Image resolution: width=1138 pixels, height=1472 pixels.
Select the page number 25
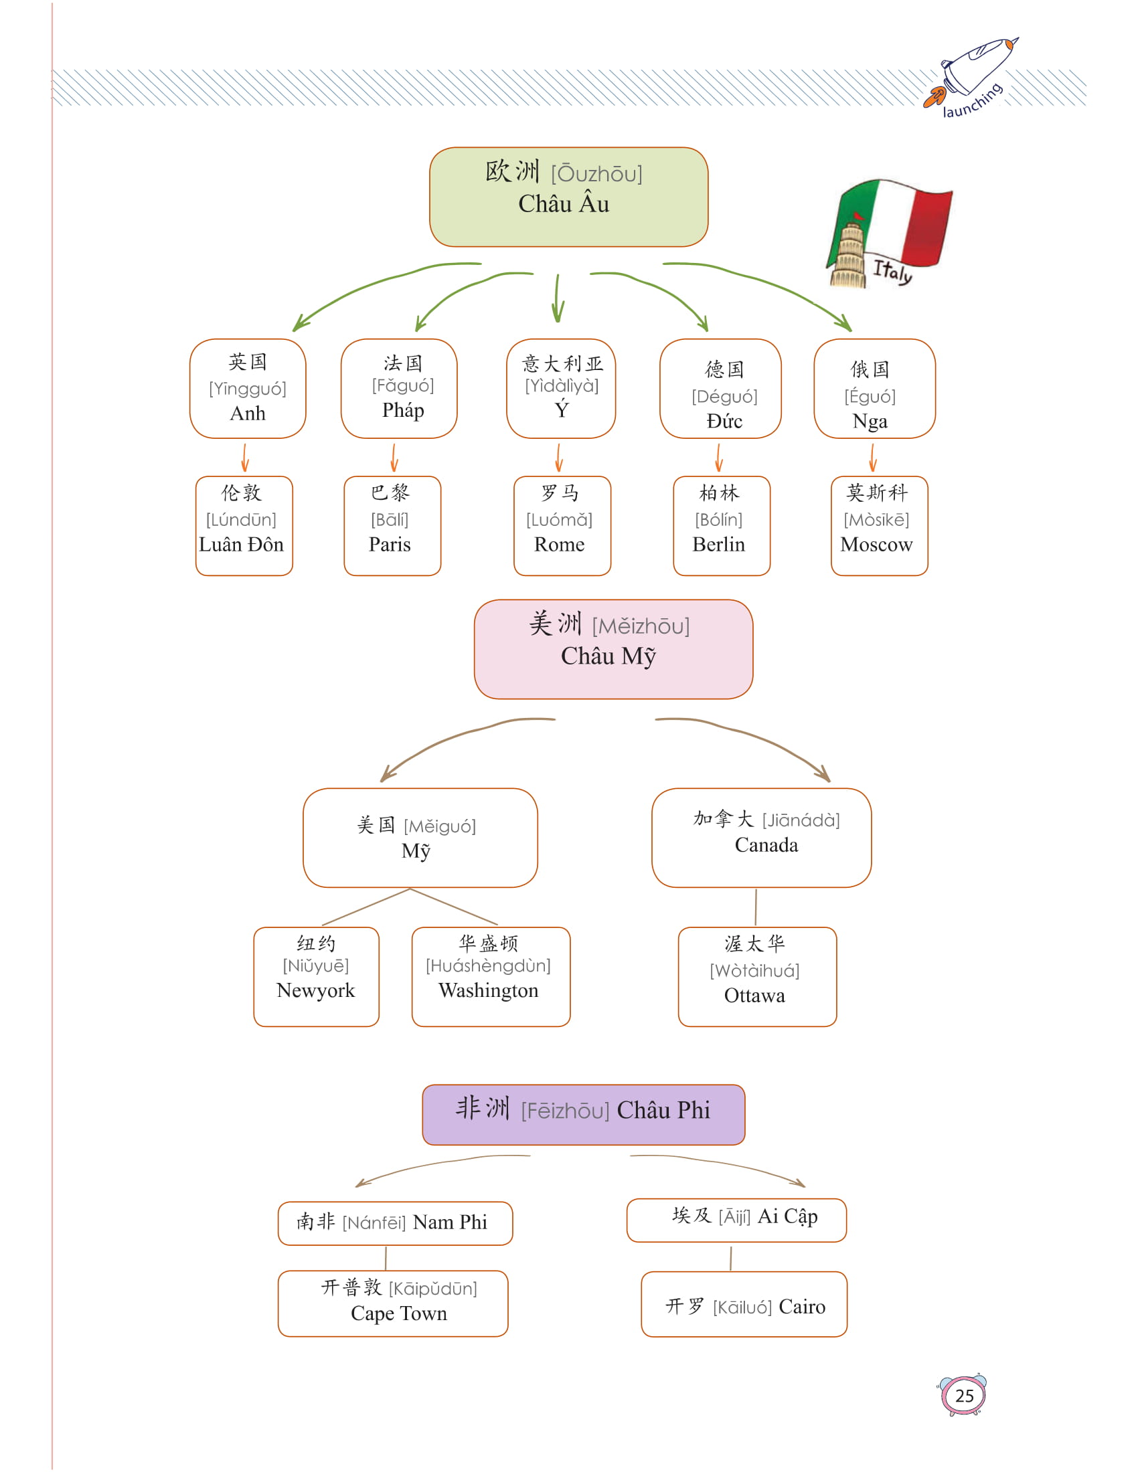point(964,1395)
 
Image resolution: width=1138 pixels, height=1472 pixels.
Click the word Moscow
point(876,545)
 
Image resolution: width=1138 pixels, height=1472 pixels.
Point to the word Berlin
point(719,545)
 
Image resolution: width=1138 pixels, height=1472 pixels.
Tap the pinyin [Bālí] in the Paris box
point(390,520)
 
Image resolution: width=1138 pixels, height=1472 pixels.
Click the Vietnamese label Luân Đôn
point(242,545)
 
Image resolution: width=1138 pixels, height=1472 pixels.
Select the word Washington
point(489,991)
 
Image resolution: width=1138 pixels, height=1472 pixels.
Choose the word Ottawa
point(754,996)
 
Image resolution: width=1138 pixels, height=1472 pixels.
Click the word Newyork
point(315,991)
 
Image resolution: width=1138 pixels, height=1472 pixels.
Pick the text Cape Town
point(399,1313)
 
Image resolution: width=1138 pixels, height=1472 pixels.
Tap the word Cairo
point(802,1307)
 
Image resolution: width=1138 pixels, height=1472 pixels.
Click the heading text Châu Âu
point(564,204)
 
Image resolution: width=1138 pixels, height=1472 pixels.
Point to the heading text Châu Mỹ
point(608,656)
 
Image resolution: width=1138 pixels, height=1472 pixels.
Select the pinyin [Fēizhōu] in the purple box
point(565,1111)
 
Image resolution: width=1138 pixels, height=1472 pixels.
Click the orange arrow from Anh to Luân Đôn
point(245,457)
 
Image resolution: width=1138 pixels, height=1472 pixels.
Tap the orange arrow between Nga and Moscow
point(873,457)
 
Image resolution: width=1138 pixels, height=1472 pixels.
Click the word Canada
point(766,845)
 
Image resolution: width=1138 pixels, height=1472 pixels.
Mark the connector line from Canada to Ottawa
point(756,907)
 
